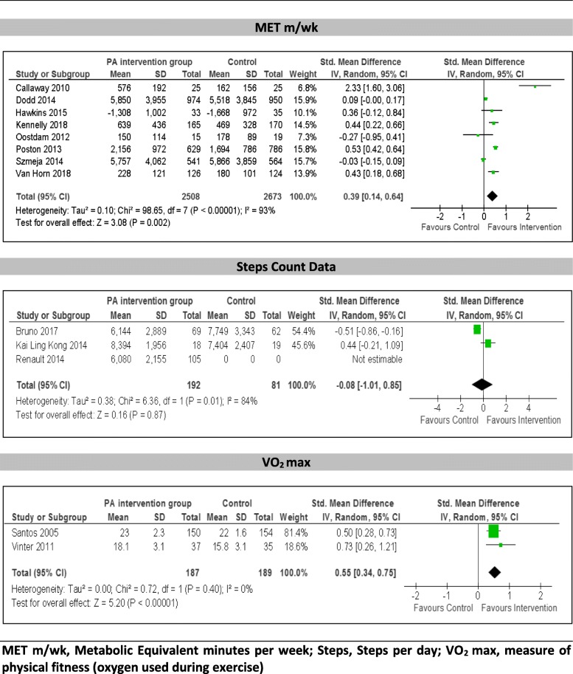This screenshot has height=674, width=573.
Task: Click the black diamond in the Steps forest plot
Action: tap(482, 383)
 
